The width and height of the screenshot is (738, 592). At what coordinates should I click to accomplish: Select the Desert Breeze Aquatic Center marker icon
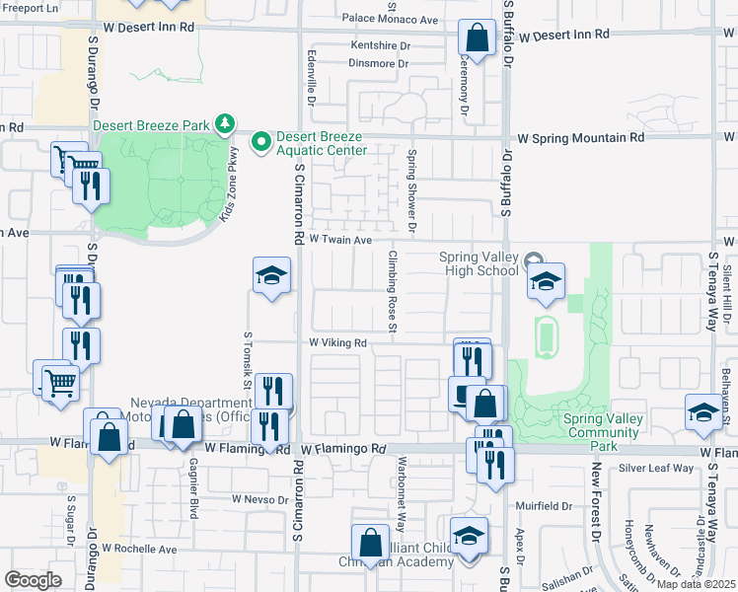tap(261, 143)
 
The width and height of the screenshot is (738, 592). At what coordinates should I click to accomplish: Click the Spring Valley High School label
tap(479, 264)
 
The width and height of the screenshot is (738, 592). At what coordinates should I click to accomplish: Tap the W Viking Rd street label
tap(337, 343)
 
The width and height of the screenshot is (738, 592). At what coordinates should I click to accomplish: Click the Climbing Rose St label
tap(392, 291)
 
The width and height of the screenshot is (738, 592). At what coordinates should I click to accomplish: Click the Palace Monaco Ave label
tap(390, 19)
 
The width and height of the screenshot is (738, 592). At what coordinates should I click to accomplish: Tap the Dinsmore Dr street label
tap(378, 63)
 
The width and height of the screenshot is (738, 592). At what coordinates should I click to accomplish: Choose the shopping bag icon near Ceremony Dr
tap(477, 39)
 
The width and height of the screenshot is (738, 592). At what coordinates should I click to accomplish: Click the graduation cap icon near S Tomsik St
tap(271, 276)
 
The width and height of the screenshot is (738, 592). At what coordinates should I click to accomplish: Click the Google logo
tap(33, 579)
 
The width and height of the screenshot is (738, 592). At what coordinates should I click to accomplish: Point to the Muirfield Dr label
tap(544, 505)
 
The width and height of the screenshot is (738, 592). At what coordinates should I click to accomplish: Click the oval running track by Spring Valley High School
tap(544, 337)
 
